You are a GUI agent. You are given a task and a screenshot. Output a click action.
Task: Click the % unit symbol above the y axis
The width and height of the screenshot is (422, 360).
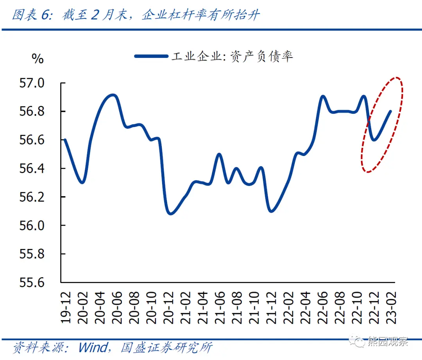(x=38, y=59)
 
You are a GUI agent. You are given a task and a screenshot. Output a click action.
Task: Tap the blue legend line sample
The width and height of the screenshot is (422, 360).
(x=151, y=56)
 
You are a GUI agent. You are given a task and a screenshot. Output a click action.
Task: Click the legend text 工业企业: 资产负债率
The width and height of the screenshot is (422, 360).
(x=232, y=56)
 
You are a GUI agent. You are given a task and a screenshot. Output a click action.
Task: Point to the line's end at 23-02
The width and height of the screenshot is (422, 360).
(x=391, y=111)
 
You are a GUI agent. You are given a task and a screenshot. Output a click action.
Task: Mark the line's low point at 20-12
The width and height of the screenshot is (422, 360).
(x=170, y=213)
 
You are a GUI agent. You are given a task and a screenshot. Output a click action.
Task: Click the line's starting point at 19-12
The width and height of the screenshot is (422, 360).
(x=64, y=140)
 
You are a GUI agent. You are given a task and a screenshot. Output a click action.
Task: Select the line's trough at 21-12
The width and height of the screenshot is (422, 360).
(x=272, y=211)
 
